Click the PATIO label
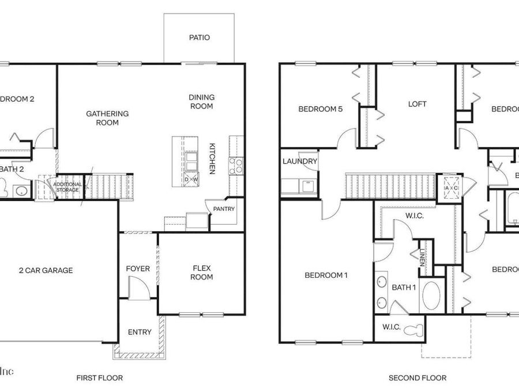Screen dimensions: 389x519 (199, 38)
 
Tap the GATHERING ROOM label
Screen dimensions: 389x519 (107, 118)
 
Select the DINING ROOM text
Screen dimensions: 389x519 (201, 101)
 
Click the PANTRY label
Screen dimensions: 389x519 (224, 209)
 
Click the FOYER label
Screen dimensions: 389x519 (138, 269)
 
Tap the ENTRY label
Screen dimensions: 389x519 (140, 332)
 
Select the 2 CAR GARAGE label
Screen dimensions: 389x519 (46, 270)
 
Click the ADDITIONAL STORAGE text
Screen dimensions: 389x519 (67, 187)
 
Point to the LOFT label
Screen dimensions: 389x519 (417, 104)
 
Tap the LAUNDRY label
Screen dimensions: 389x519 (299, 161)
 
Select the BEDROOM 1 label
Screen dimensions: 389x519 (326, 275)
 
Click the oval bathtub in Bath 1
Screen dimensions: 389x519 (432, 296)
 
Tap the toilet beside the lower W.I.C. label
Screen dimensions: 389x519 (413, 331)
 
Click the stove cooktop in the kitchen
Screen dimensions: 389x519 (236, 166)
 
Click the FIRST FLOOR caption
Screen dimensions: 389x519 (100, 378)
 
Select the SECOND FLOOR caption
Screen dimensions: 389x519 (417, 378)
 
